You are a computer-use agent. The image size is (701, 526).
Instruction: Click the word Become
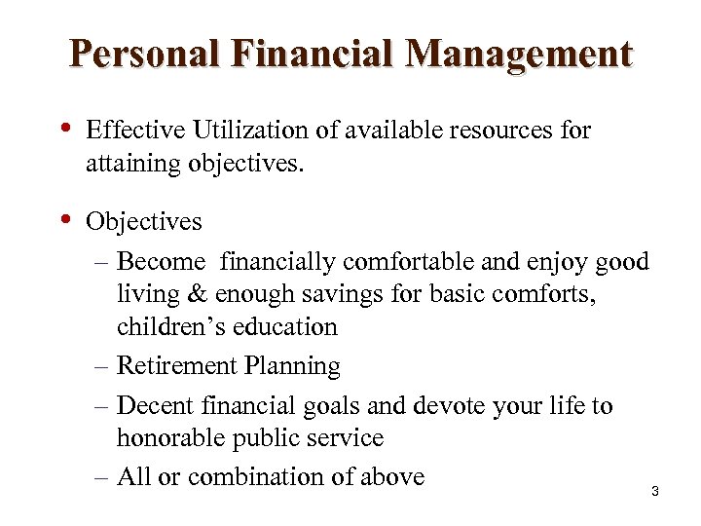(x=161, y=263)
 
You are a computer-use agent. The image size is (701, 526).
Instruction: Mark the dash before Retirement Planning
(x=103, y=367)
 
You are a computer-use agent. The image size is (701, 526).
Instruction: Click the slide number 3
(x=655, y=492)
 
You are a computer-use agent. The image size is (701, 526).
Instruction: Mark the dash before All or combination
(x=103, y=476)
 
